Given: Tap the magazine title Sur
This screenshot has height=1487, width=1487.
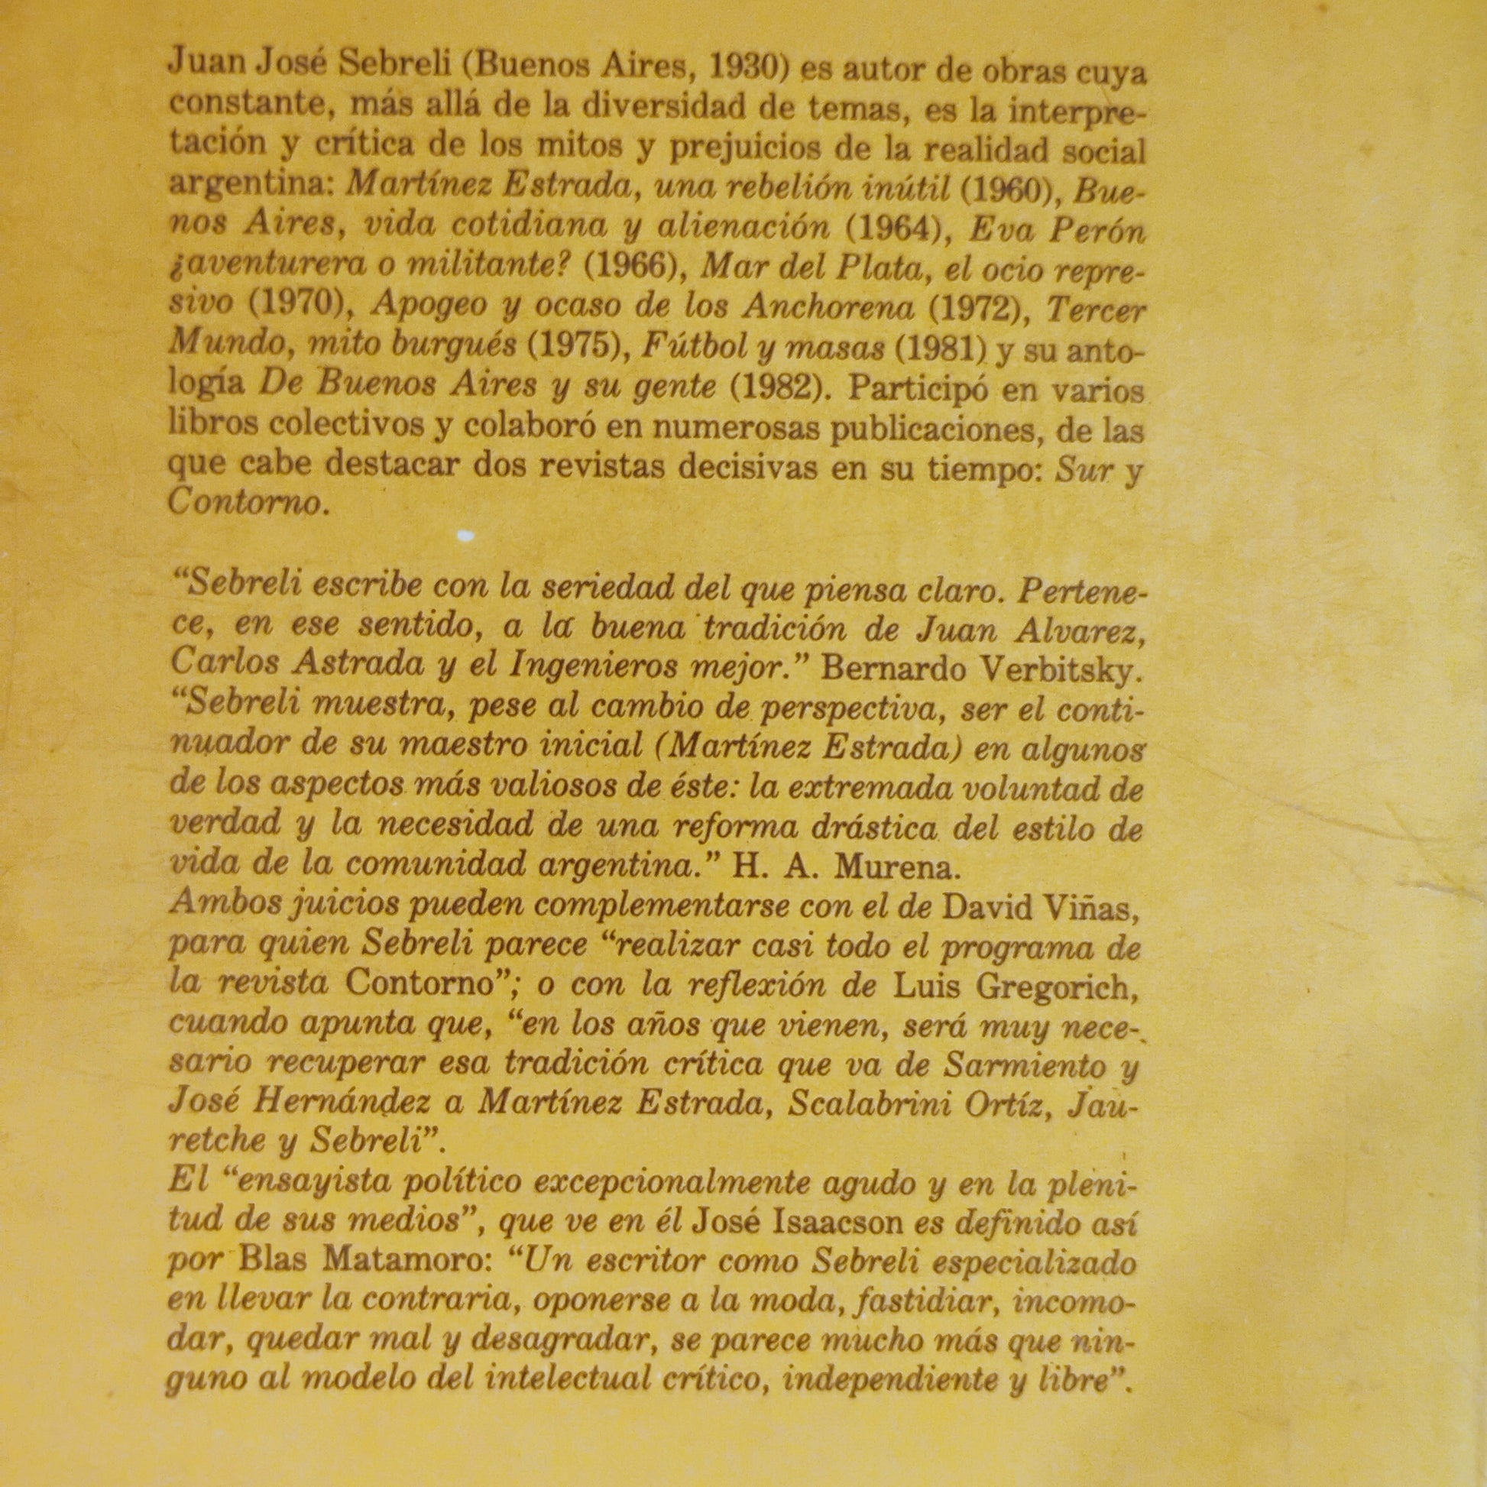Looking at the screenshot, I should [x=1084, y=469].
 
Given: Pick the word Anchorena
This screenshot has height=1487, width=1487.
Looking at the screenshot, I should [x=829, y=308].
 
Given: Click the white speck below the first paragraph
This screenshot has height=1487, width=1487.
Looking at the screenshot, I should [x=465, y=535].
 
